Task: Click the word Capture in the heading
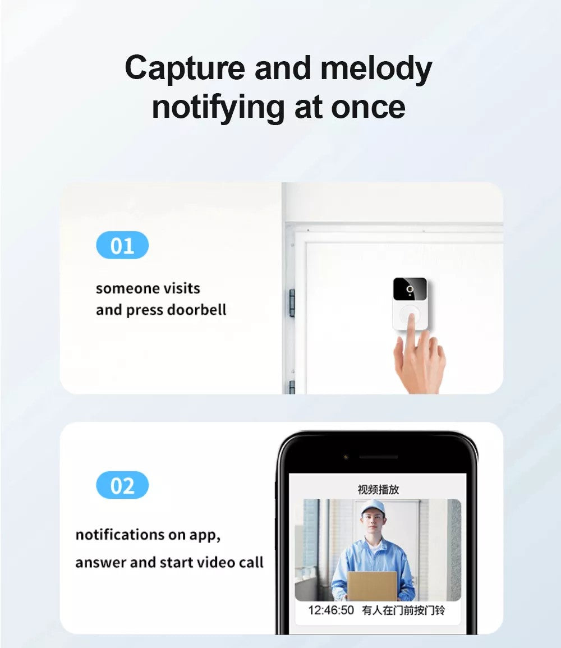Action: pyautogui.click(x=185, y=68)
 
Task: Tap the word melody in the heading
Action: pyautogui.click(x=376, y=68)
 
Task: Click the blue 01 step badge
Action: pyautogui.click(x=122, y=246)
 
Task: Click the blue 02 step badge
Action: pyautogui.click(x=122, y=485)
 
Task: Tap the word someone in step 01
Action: pyautogui.click(x=119, y=288)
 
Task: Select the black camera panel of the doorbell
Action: pyautogui.click(x=410, y=289)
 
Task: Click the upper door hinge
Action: pyautogui.click(x=291, y=302)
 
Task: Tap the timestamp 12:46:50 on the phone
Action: pyautogui.click(x=331, y=610)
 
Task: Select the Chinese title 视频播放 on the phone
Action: pyautogui.click(x=378, y=489)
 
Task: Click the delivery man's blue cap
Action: pyautogui.click(x=374, y=508)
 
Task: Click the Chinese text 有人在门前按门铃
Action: pyautogui.click(x=403, y=610)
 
